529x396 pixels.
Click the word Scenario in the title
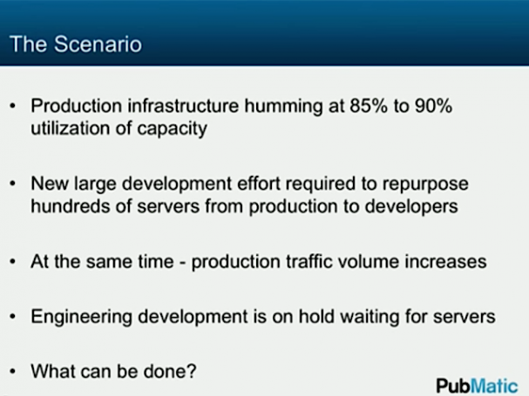(98, 44)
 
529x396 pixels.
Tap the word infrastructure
(183, 106)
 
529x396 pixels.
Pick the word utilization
(71, 129)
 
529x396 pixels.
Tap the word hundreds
(71, 206)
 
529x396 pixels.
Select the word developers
(411, 207)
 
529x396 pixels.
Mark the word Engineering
(81, 318)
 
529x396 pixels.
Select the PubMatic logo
(477, 386)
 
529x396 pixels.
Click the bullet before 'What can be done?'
(13, 372)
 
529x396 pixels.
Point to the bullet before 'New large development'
(13, 184)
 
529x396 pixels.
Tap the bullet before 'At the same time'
(13, 262)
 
